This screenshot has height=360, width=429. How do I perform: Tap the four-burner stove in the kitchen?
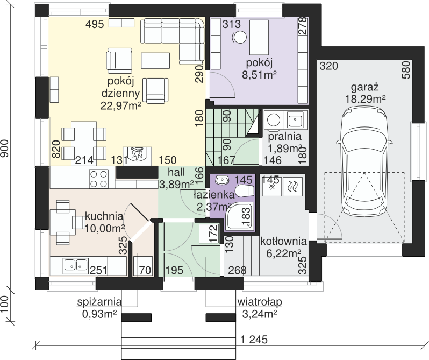(x=99, y=179)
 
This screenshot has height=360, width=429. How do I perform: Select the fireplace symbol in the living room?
(x=137, y=156)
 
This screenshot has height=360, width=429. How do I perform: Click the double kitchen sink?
(x=76, y=265)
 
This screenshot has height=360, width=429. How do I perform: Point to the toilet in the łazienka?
(x=244, y=190)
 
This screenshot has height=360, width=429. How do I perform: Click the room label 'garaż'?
(x=364, y=87)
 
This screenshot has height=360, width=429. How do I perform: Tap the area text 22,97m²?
(x=120, y=105)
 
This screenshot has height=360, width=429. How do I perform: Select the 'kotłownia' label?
(x=283, y=241)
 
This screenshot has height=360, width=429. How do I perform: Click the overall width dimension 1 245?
(x=254, y=340)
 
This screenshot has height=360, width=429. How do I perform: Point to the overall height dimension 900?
(x=5, y=149)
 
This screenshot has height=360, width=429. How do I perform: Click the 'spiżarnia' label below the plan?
(x=99, y=302)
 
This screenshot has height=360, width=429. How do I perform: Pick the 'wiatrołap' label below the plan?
(x=260, y=302)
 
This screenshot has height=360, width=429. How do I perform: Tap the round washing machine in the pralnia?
(x=273, y=120)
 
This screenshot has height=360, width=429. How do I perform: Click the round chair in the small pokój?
(x=240, y=37)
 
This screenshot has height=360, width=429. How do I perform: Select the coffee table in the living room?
(x=155, y=60)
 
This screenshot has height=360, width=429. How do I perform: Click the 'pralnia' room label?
(x=284, y=136)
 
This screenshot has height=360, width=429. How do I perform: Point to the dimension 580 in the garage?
(x=406, y=70)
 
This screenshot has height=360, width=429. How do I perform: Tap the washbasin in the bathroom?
(x=222, y=180)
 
